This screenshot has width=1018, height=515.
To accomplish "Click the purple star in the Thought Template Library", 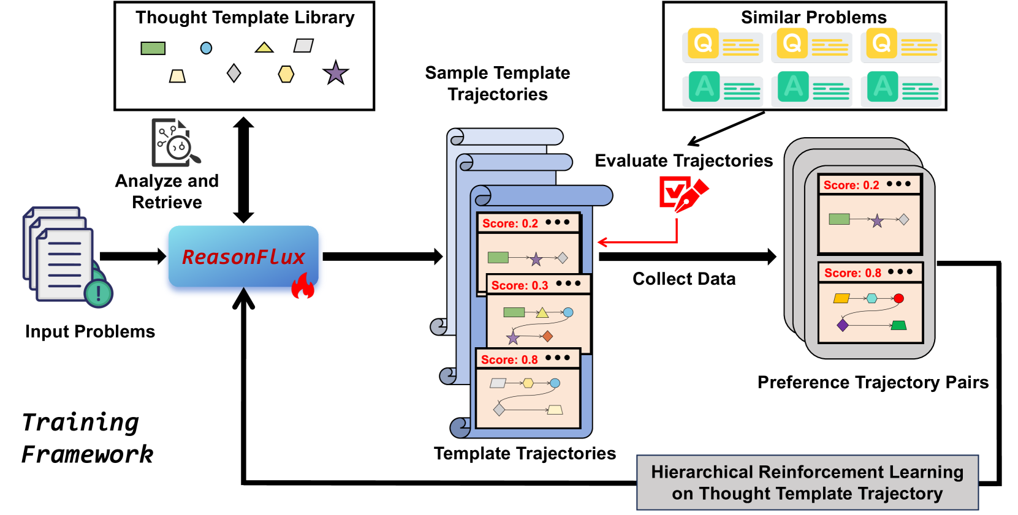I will point(335,73).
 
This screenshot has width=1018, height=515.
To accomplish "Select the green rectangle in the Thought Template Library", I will point(153,48).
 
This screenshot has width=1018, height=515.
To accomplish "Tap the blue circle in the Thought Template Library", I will point(207,48).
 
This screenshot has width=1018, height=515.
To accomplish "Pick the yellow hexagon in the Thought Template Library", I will point(286,74).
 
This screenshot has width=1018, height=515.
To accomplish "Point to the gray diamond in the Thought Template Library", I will point(234,73).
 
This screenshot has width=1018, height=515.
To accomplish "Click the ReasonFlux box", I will point(243,257).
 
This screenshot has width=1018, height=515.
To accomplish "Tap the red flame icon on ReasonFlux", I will point(303,286).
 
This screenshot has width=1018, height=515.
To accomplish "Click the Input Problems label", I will point(90,331).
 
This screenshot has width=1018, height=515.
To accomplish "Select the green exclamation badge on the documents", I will point(98,293).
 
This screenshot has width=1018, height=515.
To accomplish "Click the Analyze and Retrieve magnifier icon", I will point(176,143).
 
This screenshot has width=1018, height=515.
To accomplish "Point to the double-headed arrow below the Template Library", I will point(243,170).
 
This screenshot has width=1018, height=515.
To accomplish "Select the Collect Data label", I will point(684,279).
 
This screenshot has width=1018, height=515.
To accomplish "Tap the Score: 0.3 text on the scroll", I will point(520,285).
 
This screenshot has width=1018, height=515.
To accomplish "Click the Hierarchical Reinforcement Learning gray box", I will point(807,483).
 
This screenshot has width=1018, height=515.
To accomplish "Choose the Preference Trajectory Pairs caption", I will point(873,382).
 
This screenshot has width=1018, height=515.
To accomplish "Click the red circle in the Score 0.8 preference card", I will point(898,299).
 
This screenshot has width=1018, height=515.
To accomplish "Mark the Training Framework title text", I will point(86,438).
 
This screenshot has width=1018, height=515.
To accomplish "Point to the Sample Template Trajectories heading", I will point(498,83).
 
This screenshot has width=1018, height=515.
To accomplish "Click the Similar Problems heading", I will point(813,17).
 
